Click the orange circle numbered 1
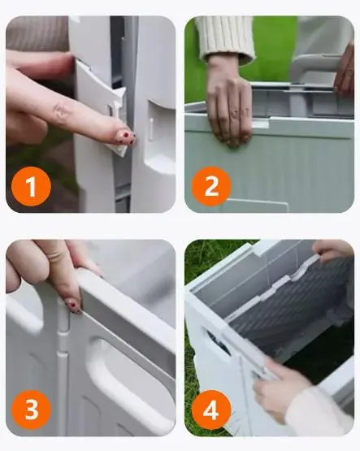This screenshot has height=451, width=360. (31, 186)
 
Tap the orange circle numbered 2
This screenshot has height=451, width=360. (211, 186)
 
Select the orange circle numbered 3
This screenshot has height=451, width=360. (31, 410)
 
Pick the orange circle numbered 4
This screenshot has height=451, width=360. (211, 410)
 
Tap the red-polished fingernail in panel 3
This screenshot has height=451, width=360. (73, 306)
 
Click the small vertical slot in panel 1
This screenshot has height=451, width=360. (151, 130)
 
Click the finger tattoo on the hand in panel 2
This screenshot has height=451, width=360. (241, 113)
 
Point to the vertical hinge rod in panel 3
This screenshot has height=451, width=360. (62, 366)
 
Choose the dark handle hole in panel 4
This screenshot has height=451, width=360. (219, 342)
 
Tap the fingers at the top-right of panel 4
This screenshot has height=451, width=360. (333, 251)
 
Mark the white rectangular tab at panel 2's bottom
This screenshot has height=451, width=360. (257, 206)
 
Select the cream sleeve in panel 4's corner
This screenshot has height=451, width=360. (322, 411)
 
